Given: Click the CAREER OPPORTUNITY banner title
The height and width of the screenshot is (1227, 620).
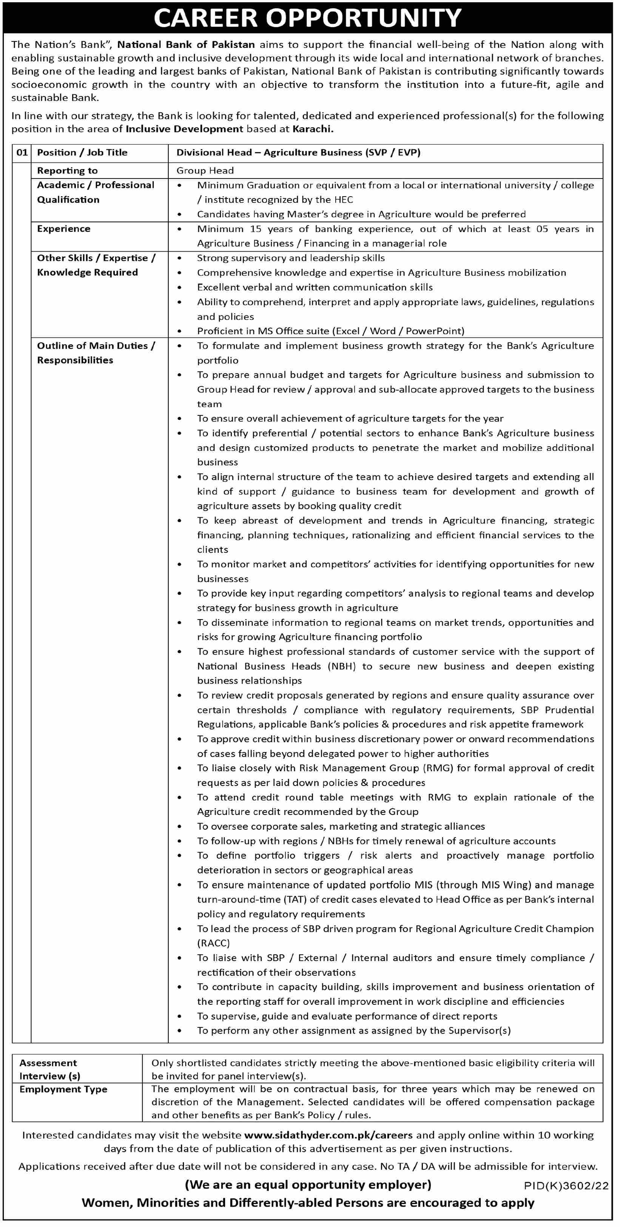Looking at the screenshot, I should [307, 18].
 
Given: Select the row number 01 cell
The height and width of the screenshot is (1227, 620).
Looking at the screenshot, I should [22, 152].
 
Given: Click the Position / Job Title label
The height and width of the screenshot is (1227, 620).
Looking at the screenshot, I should [82, 152].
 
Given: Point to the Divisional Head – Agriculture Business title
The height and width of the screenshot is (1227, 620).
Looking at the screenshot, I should [298, 152].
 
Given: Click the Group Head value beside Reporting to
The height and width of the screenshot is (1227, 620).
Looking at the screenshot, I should [205, 171].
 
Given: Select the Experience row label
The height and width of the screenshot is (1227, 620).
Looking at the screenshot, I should [63, 229].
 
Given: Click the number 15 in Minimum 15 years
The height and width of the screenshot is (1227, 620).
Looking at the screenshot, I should [256, 229].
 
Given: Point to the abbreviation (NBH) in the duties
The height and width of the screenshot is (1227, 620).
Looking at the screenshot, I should [341, 666].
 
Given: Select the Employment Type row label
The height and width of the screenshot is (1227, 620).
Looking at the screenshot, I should [63, 1089].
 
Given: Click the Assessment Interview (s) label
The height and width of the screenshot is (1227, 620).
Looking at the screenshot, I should [49, 1069].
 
